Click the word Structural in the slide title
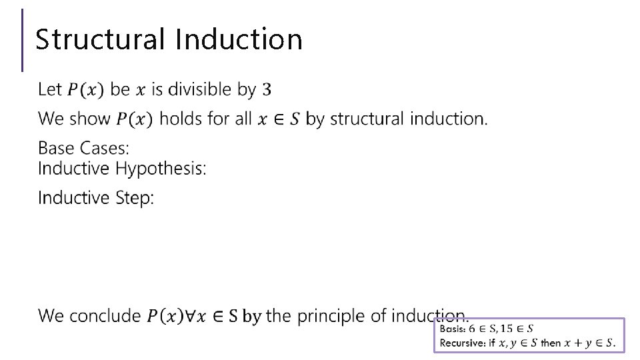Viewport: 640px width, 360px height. coord(101,39)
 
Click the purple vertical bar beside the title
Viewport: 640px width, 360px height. coord(23,40)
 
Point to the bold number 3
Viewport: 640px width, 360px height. coord(267,89)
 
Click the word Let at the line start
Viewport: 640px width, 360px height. coord(50,89)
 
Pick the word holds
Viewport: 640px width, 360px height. coord(181,119)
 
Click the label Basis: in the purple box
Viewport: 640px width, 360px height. coord(453,329)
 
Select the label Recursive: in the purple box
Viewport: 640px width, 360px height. coord(462,343)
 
